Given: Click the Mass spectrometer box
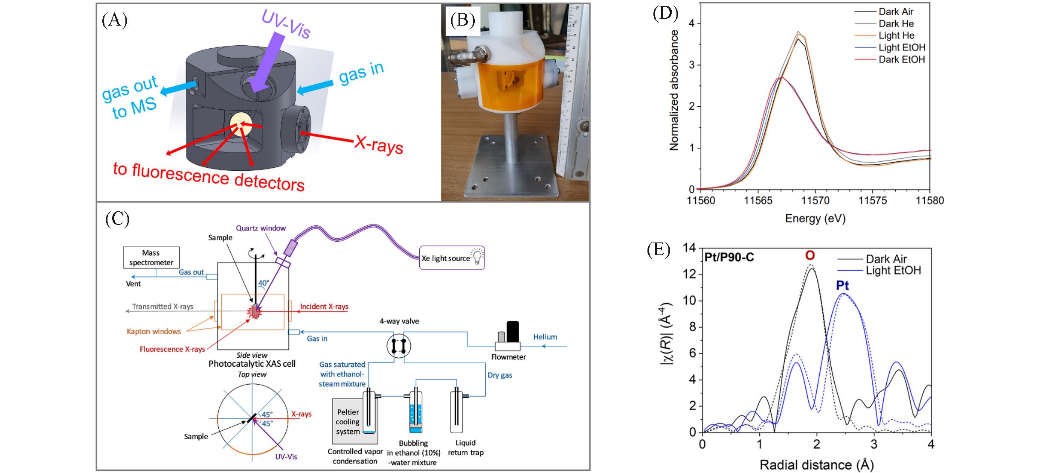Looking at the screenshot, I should coord(151,257).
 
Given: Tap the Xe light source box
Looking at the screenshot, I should coord(452,258).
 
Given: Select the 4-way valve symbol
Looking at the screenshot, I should coord(399,346).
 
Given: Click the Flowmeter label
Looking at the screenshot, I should coord(508,357).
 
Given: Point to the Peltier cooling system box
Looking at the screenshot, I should coord(348,422).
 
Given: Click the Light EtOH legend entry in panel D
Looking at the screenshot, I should coord(902,47).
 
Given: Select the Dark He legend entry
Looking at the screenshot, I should coord(896,23).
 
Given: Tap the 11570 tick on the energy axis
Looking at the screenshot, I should coord(815,200).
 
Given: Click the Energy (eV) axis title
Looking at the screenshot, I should coord(815,219).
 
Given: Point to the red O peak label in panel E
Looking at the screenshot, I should coord(810,255).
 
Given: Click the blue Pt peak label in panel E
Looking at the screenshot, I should coord(842,285).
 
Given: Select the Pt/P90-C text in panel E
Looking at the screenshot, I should coord(729,257).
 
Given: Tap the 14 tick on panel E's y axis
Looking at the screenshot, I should coord(689,248).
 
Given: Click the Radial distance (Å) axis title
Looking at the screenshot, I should coord(816,464).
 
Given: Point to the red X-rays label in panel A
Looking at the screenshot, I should coord(379,145).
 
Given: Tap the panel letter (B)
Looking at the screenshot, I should coord(462,20).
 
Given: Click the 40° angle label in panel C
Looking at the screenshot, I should coord(264,283).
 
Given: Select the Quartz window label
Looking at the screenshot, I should coord(261,228).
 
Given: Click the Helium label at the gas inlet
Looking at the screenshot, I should coord(545,337).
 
